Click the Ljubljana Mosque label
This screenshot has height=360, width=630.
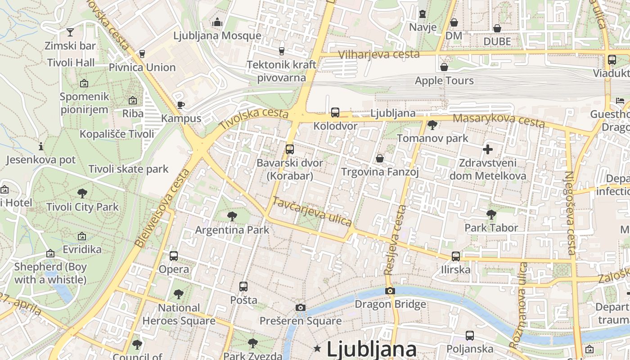click(x=217, y=36)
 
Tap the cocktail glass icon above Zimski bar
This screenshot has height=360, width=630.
click(x=70, y=32)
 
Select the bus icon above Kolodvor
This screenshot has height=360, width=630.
click(x=335, y=112)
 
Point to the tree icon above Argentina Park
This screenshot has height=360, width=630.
click(x=232, y=216)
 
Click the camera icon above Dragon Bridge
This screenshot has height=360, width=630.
click(x=390, y=291)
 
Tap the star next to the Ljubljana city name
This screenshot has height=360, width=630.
click(x=318, y=348)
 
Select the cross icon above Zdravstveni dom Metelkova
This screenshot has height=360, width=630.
click(x=488, y=149)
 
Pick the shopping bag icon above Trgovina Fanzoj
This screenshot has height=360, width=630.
click(x=380, y=158)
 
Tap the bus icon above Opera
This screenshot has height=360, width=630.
click(x=174, y=256)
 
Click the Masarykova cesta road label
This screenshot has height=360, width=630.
click(x=499, y=121)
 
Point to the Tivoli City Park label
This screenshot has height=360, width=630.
click(x=83, y=207)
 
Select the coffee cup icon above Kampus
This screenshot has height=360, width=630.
click(x=181, y=105)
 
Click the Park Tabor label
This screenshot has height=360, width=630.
click(x=491, y=228)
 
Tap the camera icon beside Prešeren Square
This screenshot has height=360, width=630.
click(x=301, y=308)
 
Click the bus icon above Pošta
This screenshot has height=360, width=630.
click(x=243, y=287)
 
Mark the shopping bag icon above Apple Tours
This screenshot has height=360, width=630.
click(x=444, y=67)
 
